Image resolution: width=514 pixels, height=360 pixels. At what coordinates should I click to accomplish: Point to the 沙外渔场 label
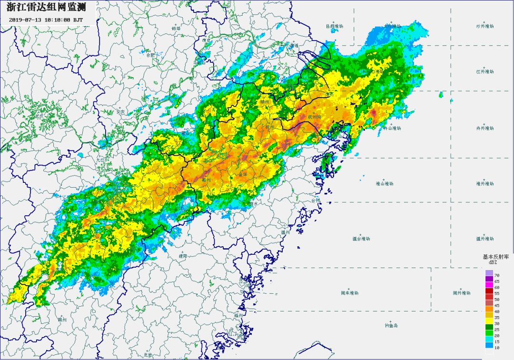pos(484,26)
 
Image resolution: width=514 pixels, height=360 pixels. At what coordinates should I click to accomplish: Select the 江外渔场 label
pos(484,71)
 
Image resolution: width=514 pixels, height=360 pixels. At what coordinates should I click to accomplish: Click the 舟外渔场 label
pos(484,128)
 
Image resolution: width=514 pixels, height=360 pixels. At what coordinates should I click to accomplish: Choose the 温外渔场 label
pos(485,239)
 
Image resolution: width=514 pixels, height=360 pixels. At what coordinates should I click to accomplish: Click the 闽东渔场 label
pos(349,292)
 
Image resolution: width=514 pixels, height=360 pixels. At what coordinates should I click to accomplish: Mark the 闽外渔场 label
pos(461,292)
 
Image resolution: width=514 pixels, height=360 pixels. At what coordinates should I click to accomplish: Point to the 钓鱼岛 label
pos(391,326)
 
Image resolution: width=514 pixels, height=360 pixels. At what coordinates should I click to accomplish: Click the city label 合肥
pos(150,55)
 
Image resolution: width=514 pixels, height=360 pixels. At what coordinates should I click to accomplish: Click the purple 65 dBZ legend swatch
pos(489,281)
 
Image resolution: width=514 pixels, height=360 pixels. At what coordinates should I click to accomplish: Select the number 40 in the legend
pos(497,311)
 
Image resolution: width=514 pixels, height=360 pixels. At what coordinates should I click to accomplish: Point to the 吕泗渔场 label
pos(334,26)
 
